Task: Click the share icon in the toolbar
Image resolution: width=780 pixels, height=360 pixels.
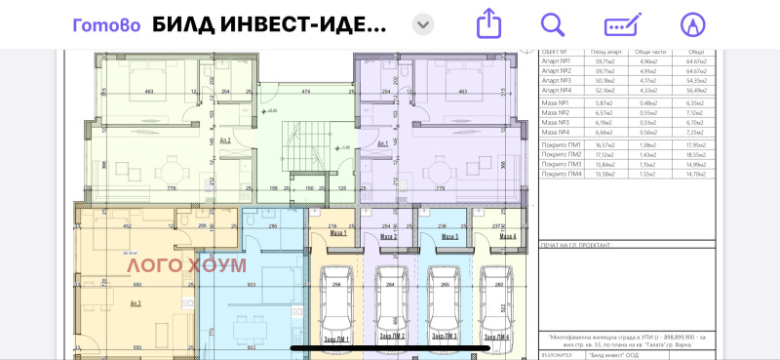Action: (x=487, y=23)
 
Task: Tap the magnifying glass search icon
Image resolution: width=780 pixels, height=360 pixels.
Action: (x=553, y=23)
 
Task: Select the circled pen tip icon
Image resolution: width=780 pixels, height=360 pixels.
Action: (x=691, y=23)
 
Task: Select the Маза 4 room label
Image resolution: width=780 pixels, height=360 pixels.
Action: (x=505, y=237)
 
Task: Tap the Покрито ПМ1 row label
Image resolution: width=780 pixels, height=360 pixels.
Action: (x=561, y=144)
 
